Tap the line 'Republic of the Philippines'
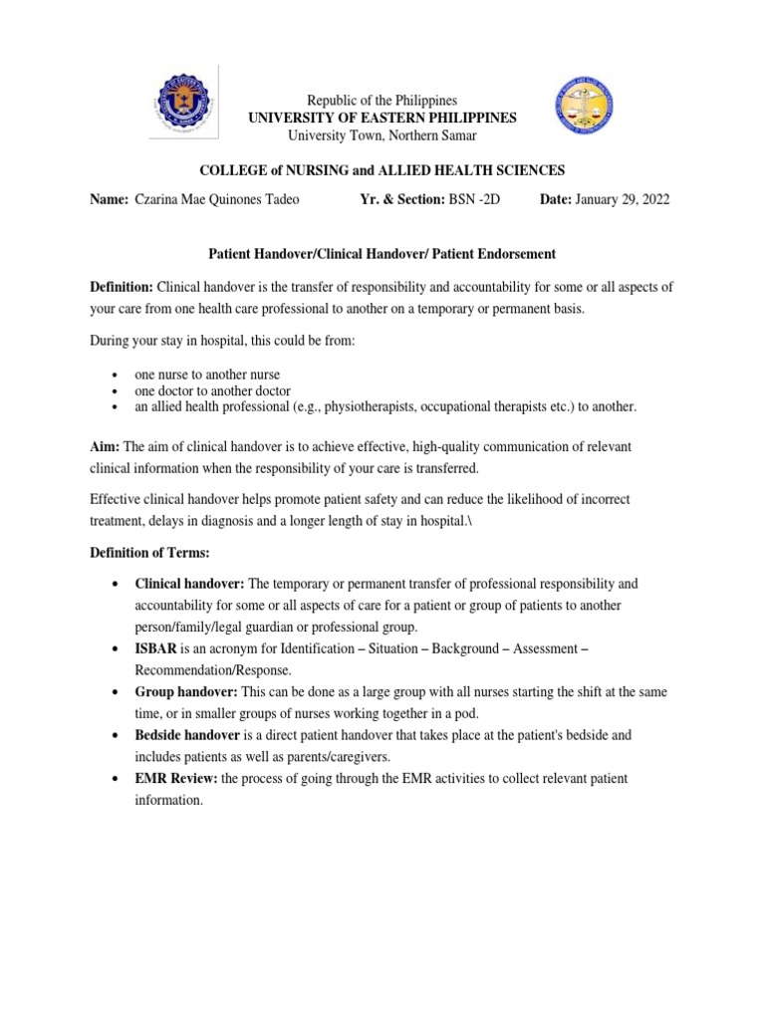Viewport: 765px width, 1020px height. (x=382, y=101)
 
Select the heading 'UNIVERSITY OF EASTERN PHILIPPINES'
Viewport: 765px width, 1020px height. (x=382, y=118)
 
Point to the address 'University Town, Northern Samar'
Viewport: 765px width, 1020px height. (x=382, y=135)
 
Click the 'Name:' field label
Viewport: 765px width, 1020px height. (x=109, y=199)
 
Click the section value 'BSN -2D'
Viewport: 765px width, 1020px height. (x=474, y=199)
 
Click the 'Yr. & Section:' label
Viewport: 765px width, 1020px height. (x=402, y=199)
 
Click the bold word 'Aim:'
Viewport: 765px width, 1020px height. (x=105, y=448)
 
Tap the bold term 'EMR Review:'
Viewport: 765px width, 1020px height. (x=175, y=778)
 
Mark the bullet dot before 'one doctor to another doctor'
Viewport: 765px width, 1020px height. (x=117, y=391)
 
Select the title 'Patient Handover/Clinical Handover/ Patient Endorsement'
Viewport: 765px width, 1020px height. (x=382, y=254)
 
